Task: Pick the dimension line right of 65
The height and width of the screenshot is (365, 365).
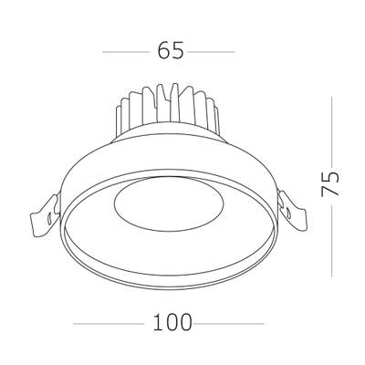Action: pyautogui.click(x=215, y=51)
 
